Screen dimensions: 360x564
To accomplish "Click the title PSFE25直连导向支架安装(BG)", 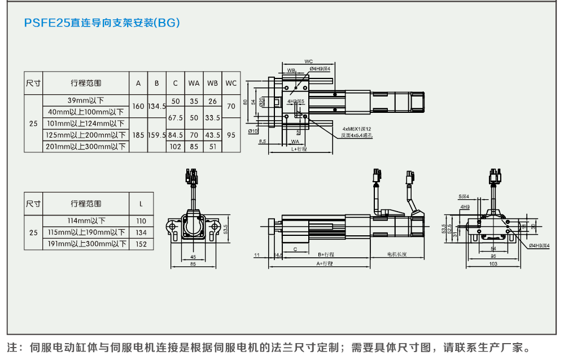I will (x=102, y=23).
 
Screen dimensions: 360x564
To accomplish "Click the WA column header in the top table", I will (x=194, y=83).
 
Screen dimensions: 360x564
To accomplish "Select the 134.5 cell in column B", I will (x=156, y=106).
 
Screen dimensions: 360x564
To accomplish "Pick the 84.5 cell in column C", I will (x=175, y=135).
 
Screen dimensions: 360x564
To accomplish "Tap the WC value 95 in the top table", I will (x=231, y=135).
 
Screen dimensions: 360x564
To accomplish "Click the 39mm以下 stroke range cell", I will (x=86, y=100).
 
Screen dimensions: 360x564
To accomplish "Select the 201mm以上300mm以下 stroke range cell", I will (x=86, y=147).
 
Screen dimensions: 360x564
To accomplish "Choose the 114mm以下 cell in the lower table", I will (x=86, y=221).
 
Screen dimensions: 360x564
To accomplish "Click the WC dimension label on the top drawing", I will (x=308, y=61).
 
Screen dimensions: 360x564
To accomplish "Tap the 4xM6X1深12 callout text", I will (x=356, y=129).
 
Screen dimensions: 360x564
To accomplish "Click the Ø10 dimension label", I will (x=253, y=131).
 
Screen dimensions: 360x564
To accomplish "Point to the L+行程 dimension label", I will (x=299, y=150).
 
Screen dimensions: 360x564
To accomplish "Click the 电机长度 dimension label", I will (x=397, y=254).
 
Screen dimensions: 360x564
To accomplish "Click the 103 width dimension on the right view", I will (x=493, y=264).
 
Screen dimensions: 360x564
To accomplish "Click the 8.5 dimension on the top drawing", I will (x=263, y=141).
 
